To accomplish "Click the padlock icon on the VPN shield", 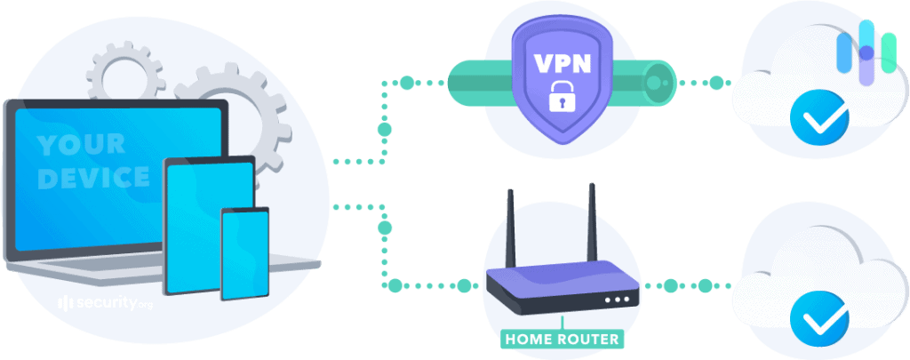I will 561,96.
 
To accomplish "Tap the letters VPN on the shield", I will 561,64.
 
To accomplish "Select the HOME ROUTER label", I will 562,339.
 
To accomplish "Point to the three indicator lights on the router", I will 613,299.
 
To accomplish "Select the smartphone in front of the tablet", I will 244,253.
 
